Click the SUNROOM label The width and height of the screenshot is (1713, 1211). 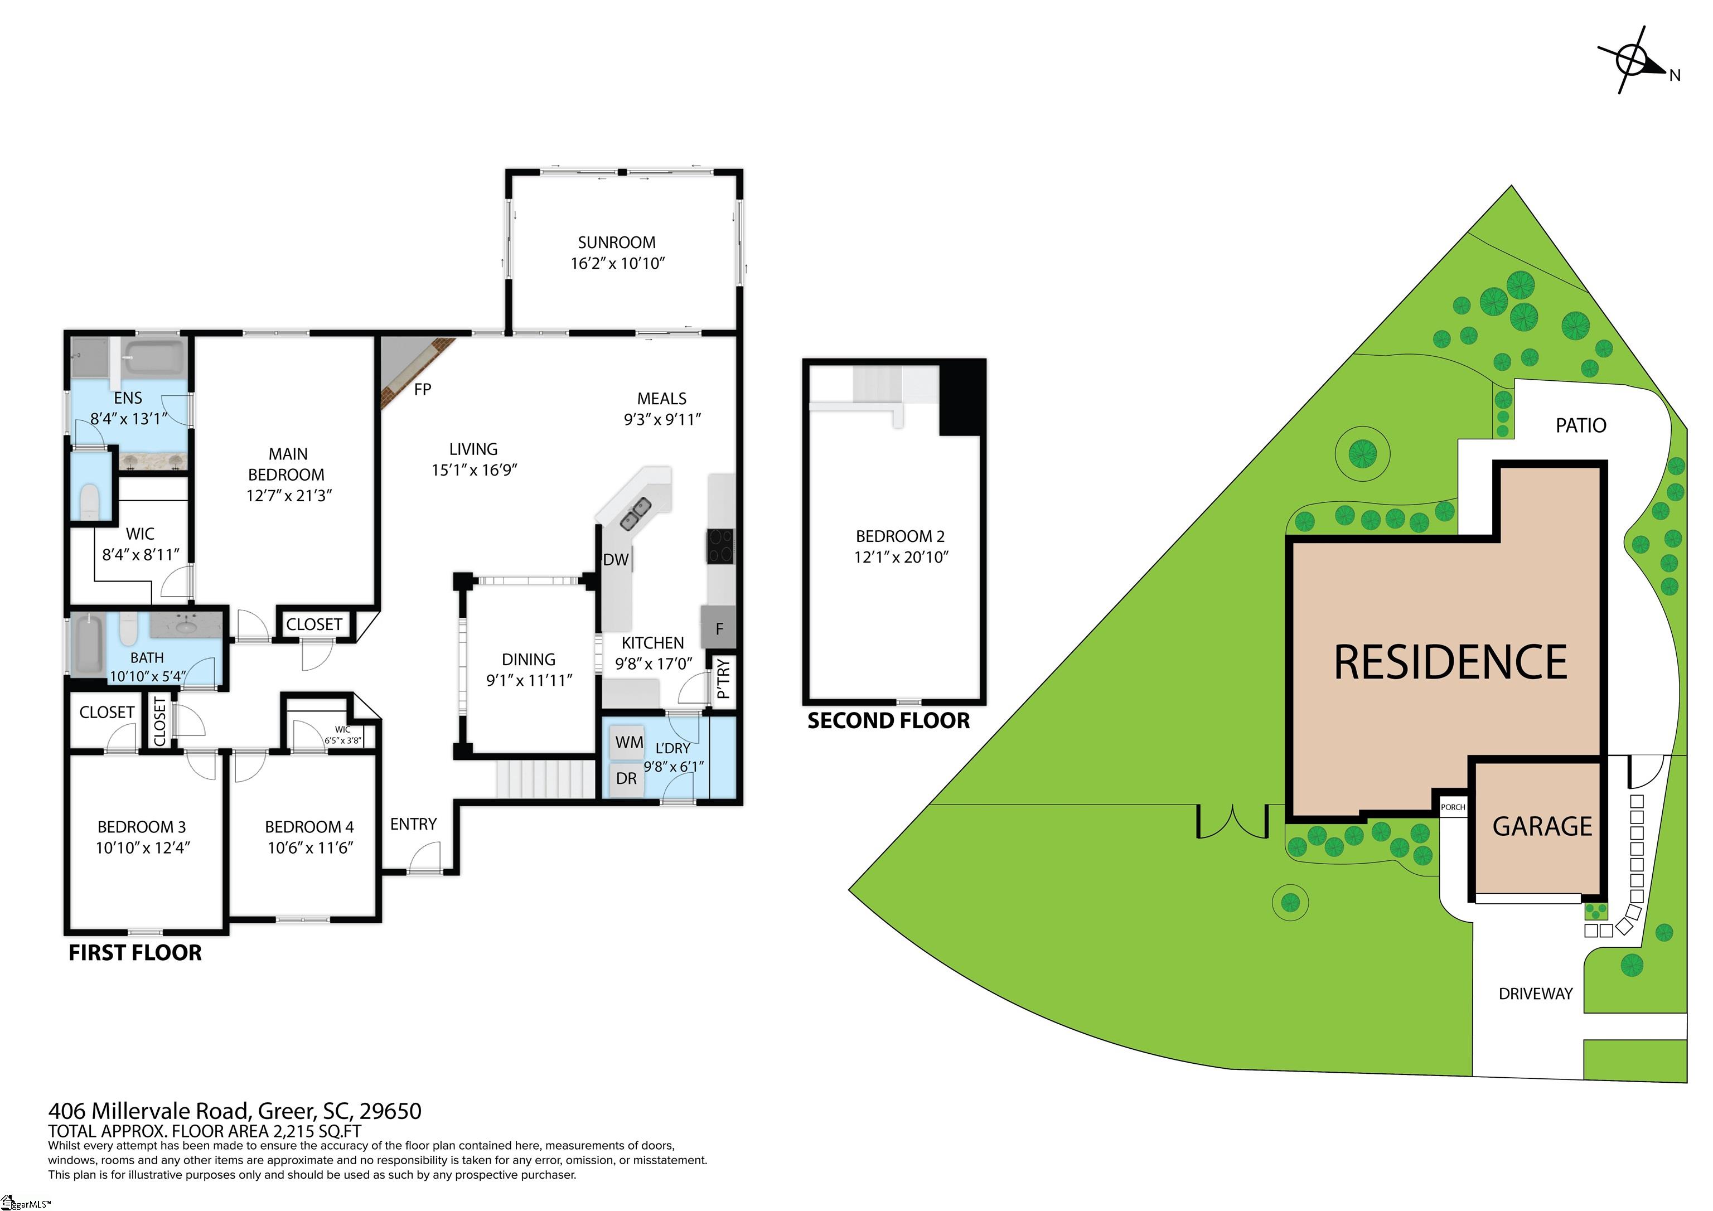pyautogui.click(x=616, y=243)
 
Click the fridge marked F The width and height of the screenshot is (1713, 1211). pyautogui.click(x=718, y=628)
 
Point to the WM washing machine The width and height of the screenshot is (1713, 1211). pyautogui.click(x=628, y=742)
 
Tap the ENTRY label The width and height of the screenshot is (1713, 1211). pyautogui.click(x=413, y=824)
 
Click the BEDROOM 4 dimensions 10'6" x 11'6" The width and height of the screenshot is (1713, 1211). pyautogui.click(x=309, y=847)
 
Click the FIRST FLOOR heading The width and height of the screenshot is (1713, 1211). pyautogui.click(x=135, y=953)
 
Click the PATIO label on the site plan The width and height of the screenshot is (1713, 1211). pyautogui.click(x=1580, y=425)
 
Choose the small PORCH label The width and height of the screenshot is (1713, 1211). pyautogui.click(x=1453, y=807)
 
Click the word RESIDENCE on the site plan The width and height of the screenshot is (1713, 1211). pyautogui.click(x=1450, y=662)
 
